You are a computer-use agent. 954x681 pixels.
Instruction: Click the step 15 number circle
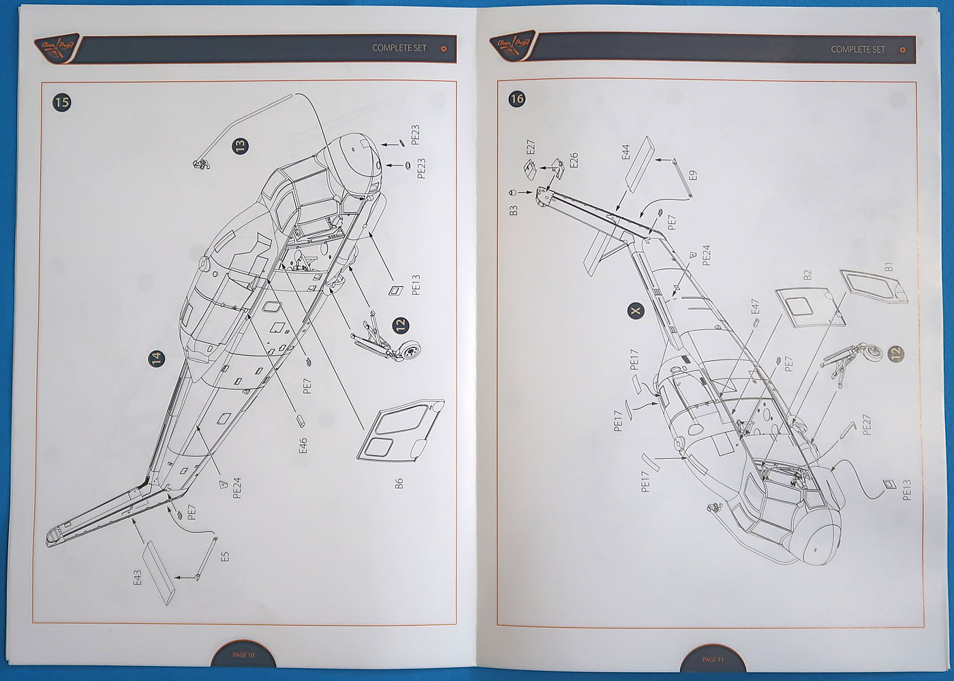point(61,102)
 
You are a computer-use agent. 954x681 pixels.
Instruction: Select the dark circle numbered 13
point(240,146)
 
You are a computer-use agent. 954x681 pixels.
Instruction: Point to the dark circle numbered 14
point(157,358)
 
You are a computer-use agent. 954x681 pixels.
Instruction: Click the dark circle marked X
point(635,311)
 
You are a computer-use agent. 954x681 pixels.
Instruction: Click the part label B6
point(400,483)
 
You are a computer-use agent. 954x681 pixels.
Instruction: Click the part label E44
point(626,152)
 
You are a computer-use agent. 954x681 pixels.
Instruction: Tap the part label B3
point(514,210)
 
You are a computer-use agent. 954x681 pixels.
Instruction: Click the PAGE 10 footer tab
point(243,655)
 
